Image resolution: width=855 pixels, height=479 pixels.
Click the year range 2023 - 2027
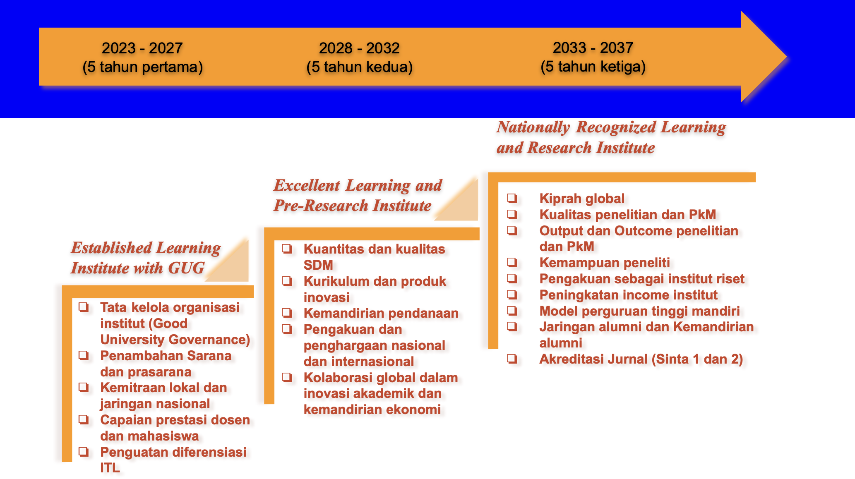pyautogui.click(x=142, y=48)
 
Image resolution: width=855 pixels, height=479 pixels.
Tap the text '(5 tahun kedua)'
pyautogui.click(x=359, y=67)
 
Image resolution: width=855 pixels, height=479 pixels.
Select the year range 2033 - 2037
pyautogui.click(x=593, y=48)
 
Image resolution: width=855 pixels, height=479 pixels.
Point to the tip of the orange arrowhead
pyautogui.click(x=786, y=57)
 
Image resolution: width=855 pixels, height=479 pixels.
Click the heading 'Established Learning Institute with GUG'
pyautogui.click(x=146, y=258)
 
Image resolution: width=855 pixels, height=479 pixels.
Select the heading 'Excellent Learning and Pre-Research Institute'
pyautogui.click(x=358, y=195)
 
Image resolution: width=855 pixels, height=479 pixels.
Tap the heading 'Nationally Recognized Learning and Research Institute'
pyautogui.click(x=611, y=137)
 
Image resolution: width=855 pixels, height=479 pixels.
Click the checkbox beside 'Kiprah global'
pyautogui.click(x=512, y=198)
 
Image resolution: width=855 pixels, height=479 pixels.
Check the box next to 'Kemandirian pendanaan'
pyautogui.click(x=287, y=313)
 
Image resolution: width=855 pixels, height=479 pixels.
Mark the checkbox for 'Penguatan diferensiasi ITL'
pyautogui.click(x=84, y=452)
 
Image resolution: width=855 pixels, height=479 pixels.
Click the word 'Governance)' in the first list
pyautogui.click(x=210, y=340)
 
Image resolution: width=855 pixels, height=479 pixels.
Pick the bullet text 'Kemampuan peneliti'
pyautogui.click(x=605, y=263)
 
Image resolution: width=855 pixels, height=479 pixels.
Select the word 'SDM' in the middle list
pyautogui.click(x=318, y=265)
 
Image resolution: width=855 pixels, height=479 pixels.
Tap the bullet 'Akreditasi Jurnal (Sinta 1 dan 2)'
pyautogui.click(x=641, y=359)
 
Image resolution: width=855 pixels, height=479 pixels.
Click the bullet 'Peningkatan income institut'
pyautogui.click(x=628, y=295)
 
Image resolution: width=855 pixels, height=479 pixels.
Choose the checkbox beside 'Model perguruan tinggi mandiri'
pyautogui.click(x=512, y=311)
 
